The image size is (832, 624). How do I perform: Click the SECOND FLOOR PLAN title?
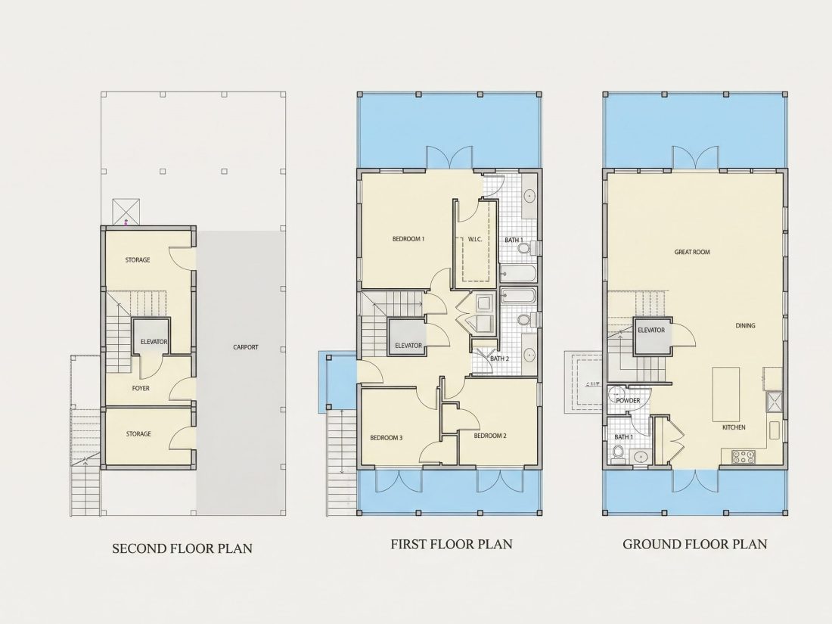coord(182,548)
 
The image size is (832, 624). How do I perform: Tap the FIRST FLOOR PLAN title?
coord(452,544)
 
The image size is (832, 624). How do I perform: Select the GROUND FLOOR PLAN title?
coord(694,544)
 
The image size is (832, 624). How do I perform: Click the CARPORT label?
coord(246,347)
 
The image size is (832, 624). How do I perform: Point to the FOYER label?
coord(141,389)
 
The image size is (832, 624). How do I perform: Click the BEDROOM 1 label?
coord(408,239)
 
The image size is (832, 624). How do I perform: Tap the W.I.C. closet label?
coord(475,239)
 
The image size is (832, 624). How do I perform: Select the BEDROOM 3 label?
coord(387,438)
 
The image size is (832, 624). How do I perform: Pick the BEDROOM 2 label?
coord(490,436)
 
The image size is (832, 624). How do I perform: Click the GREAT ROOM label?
coord(692,252)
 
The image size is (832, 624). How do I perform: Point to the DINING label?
coord(745,325)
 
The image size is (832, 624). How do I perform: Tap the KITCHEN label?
coord(734,427)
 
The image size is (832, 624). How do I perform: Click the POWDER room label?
coord(628,401)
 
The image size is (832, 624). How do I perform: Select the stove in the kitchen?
coord(744,456)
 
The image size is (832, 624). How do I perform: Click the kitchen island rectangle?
coord(726,393)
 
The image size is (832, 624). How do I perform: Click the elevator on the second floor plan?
coord(151,337)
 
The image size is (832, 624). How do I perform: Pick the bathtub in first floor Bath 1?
coord(518,274)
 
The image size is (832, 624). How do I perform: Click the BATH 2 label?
coord(499,359)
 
